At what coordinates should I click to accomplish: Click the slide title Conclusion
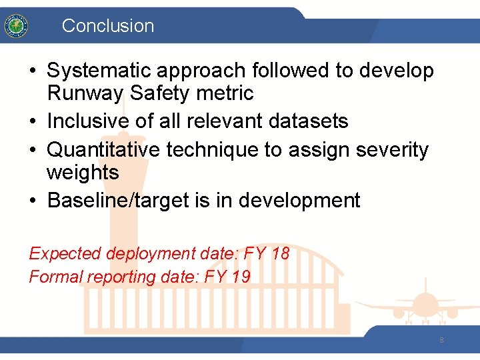tap(107, 26)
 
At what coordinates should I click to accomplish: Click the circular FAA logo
tap(15, 26)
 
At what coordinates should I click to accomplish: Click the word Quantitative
tap(103, 150)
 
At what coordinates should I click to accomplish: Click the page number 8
tap(441, 341)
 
